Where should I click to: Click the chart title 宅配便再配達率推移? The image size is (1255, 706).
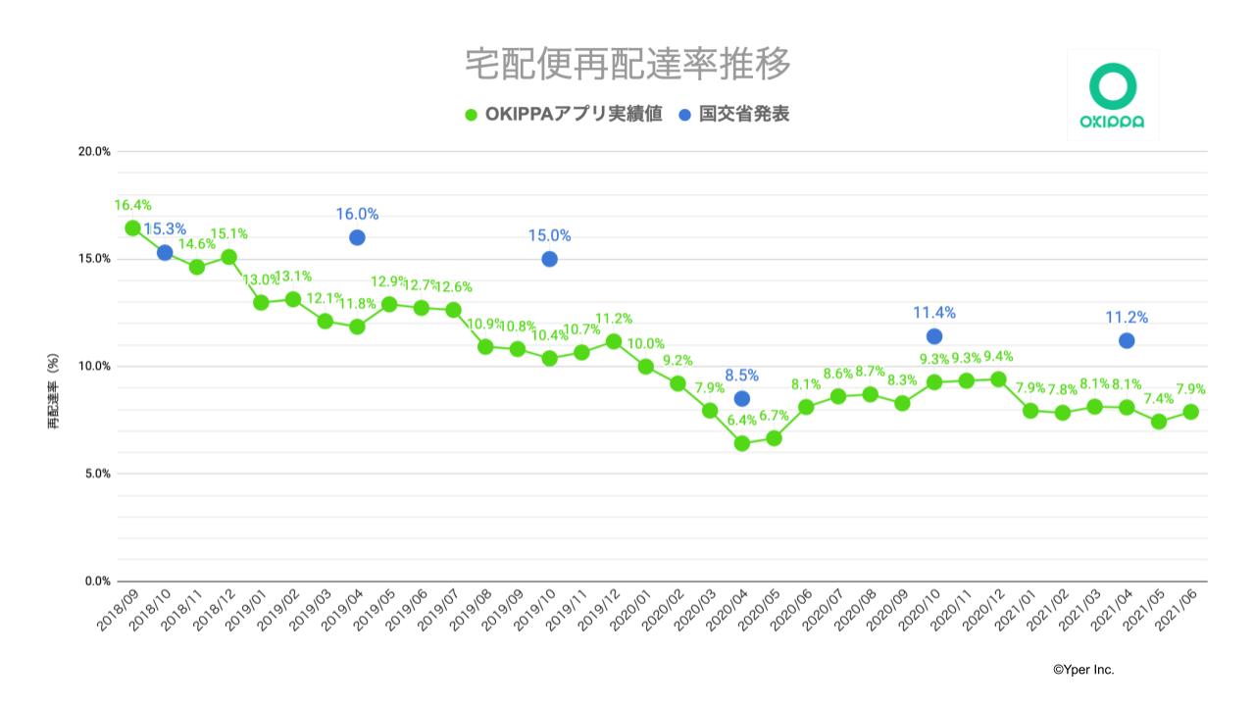tap(627, 64)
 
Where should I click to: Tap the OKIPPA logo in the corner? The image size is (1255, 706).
tap(1112, 95)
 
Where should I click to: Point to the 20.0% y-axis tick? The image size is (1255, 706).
tap(94, 151)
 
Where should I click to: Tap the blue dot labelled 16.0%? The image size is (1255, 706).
tap(357, 237)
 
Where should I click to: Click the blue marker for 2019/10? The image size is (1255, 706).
tap(549, 259)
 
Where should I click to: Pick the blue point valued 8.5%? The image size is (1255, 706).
tap(742, 398)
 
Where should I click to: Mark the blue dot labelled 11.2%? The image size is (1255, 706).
tap(1127, 340)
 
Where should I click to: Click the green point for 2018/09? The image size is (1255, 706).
tap(132, 228)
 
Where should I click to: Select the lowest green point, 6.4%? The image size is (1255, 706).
tap(742, 443)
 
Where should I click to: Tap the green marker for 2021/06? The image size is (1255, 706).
tap(1190, 412)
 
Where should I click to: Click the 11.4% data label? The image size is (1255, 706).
tap(933, 313)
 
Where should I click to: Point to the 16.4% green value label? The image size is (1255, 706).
tap(132, 205)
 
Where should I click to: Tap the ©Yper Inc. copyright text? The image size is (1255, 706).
tap(1083, 670)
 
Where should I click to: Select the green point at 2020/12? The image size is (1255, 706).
tap(998, 379)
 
